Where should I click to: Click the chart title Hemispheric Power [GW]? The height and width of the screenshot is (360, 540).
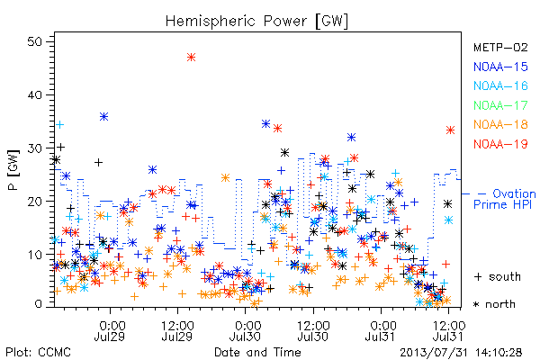tap(256, 22)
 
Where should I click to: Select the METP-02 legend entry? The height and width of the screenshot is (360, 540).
tap(500, 48)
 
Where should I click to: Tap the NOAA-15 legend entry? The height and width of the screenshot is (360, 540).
tap(500, 67)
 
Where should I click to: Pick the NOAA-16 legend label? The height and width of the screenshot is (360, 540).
tap(500, 85)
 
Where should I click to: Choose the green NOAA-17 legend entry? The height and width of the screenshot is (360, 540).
tap(500, 105)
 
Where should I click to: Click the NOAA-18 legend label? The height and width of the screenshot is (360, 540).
tap(500, 124)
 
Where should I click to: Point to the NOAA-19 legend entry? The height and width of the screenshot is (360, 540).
tap(500, 144)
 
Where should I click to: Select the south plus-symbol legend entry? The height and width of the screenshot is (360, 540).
tap(498, 276)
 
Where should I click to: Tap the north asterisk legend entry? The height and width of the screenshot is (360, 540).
tap(494, 304)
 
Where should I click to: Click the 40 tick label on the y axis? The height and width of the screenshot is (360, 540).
tap(34, 95)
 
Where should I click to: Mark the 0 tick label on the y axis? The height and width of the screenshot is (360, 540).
tap(38, 304)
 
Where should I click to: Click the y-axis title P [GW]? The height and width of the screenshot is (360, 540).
tap(13, 170)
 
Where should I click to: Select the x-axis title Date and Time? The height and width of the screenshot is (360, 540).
tap(257, 353)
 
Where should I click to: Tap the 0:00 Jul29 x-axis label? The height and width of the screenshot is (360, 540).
tap(110, 330)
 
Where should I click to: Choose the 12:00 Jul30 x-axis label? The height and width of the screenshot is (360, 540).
tap(312, 330)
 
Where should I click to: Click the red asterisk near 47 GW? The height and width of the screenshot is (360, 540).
tap(192, 58)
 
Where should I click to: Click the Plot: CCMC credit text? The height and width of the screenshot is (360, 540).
tap(38, 353)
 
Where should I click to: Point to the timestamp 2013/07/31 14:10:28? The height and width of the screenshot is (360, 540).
tap(461, 353)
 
